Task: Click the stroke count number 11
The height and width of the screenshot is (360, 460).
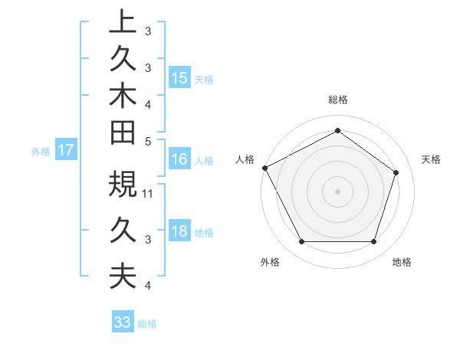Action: point(149,194)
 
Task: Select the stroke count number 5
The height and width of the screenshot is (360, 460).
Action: point(148,140)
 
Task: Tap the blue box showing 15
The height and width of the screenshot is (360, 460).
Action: point(179,78)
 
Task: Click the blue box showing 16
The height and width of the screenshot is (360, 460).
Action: point(179,159)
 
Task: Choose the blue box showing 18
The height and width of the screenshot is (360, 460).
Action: point(179,232)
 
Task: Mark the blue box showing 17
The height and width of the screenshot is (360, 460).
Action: point(65,150)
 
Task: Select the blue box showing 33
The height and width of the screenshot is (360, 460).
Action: point(122,323)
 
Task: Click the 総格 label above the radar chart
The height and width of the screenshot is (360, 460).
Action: point(337,100)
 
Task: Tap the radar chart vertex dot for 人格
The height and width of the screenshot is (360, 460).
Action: point(264,168)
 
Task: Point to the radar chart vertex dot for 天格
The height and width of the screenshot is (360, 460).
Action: point(396,172)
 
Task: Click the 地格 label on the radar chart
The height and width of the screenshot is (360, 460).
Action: point(402,263)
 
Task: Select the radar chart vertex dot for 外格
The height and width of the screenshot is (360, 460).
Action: point(301,242)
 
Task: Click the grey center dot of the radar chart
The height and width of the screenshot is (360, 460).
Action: point(337,191)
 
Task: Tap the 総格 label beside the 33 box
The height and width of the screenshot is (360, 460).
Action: point(147,324)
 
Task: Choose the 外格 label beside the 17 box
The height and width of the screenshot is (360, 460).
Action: point(41,151)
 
